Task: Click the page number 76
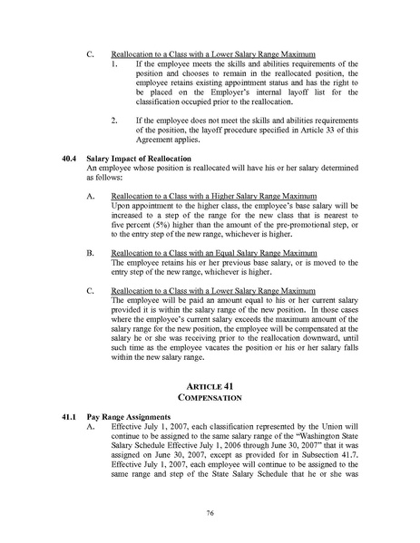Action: pyautogui.click(x=210, y=514)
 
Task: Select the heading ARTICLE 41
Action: pyautogui.click(x=210, y=386)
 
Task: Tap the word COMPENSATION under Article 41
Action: pyautogui.click(x=210, y=399)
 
